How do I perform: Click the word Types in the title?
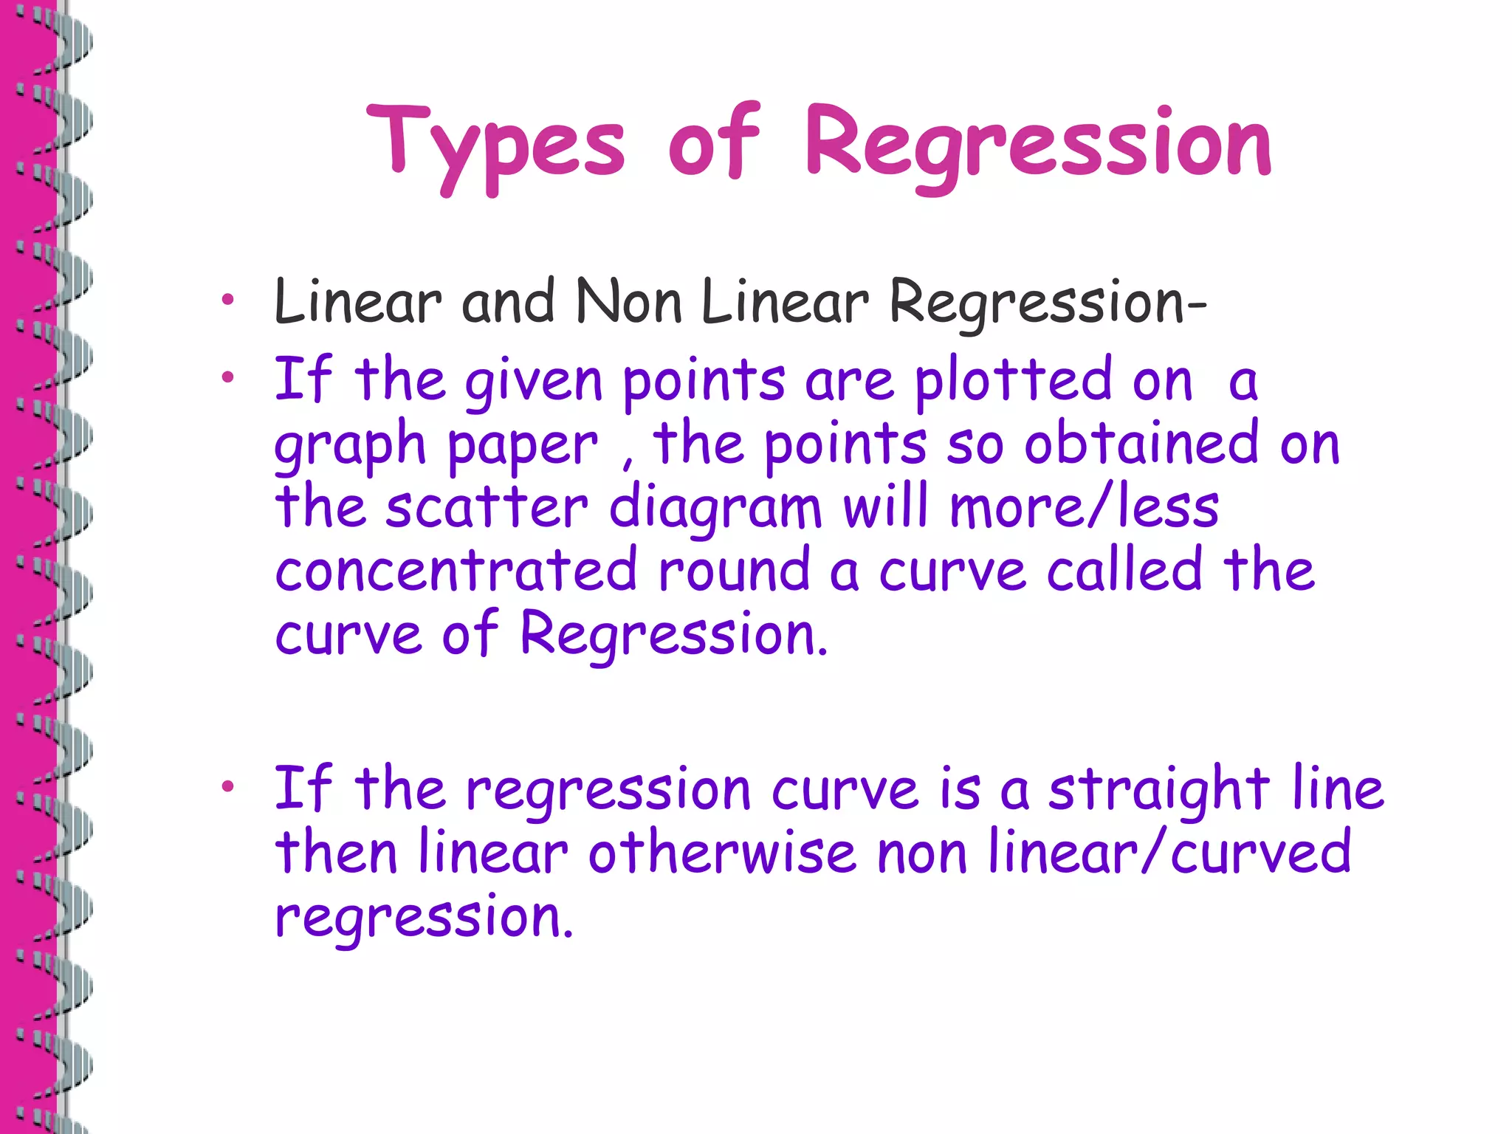(x=496, y=144)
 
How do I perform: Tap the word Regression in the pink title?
(x=1038, y=144)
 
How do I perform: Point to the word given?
(x=534, y=381)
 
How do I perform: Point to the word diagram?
(x=715, y=509)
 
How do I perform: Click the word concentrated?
(x=456, y=569)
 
